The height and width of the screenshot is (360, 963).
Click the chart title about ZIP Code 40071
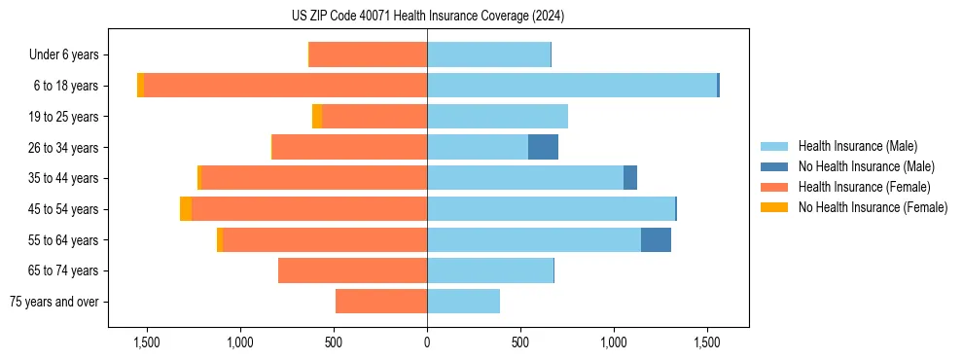point(427,17)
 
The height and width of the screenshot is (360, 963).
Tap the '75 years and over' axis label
point(54,302)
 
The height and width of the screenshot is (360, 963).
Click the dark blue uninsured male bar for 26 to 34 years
point(543,147)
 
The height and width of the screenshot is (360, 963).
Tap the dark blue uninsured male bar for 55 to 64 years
point(656,239)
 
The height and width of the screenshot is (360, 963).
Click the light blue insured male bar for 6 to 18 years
point(572,86)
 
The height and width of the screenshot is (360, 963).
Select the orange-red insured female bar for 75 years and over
point(381,302)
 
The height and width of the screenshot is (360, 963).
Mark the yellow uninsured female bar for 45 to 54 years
point(186,209)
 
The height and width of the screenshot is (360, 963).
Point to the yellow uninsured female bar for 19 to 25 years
point(317,117)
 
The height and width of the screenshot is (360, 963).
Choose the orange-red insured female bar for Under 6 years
point(368,55)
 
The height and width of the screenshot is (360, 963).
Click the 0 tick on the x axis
point(427,342)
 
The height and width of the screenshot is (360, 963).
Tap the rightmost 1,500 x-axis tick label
point(707,342)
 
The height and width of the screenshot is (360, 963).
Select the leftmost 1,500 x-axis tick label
point(147,342)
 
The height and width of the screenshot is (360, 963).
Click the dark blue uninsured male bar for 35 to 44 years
point(630,178)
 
